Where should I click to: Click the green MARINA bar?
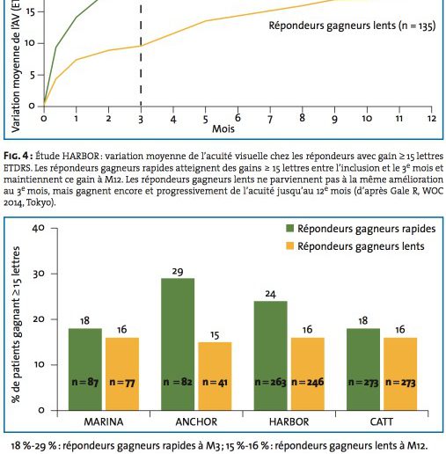85,370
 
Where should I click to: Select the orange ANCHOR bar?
215,377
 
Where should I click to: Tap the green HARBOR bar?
271,355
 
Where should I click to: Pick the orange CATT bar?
400,374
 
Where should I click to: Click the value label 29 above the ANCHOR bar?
178,272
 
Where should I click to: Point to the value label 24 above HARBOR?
270,294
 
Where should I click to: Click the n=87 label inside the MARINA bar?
85,383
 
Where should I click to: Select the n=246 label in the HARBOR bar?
308,382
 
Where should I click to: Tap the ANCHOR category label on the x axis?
196,422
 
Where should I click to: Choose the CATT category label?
382,422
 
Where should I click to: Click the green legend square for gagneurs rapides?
289,229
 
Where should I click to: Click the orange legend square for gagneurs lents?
289,245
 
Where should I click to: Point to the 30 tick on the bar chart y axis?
39,274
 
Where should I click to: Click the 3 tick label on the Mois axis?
141,120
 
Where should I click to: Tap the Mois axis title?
223,128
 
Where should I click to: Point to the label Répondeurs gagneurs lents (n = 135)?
352,26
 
